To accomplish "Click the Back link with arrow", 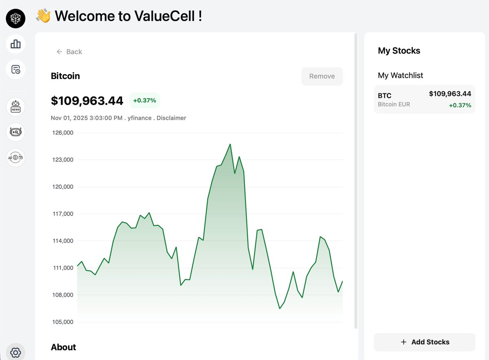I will point(69,52).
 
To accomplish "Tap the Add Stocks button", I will point(425,342).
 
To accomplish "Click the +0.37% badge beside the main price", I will point(145,100).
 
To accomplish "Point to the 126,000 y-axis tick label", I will point(63,133).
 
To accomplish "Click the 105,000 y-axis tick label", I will point(63,322).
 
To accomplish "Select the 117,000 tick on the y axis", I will point(63,214).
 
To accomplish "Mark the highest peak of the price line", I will point(230,144).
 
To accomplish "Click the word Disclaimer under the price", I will point(171,118).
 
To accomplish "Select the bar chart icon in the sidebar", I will point(15,44).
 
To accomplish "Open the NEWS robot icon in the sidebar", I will point(15,107).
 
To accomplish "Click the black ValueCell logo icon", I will point(15,18).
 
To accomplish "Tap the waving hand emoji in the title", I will point(43,16).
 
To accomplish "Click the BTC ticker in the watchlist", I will point(385,96).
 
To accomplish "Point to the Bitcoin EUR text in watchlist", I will point(394,104).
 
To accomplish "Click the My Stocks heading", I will point(399,51).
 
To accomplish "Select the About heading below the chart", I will point(64,347).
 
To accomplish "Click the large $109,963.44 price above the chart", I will point(87,101).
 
